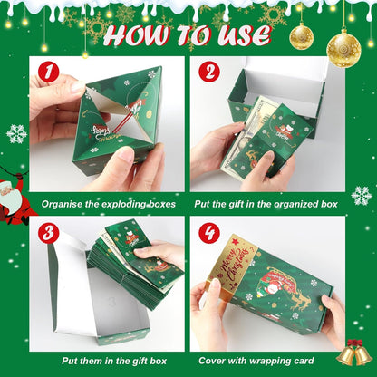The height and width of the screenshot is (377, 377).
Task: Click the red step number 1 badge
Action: coord(48,72)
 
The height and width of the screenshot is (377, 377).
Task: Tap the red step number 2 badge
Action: coord(208,72)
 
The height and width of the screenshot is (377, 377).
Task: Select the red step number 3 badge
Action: coord(48,233)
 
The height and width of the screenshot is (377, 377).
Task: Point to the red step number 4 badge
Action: coord(208,233)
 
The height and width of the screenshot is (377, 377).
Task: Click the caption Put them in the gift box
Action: coord(114,361)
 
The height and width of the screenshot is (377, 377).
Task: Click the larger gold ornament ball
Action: coord(343,49)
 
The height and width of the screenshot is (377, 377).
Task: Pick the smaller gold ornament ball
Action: coord(301,36)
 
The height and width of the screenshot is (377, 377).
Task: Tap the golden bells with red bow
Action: coord(354,353)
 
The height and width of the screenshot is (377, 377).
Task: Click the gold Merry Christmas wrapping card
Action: coord(232,266)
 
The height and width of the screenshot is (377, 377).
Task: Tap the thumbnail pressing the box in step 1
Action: coord(125,155)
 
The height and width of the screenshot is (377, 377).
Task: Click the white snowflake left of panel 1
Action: coord(16,134)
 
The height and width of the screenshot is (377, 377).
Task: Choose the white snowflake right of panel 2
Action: coord(362,196)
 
